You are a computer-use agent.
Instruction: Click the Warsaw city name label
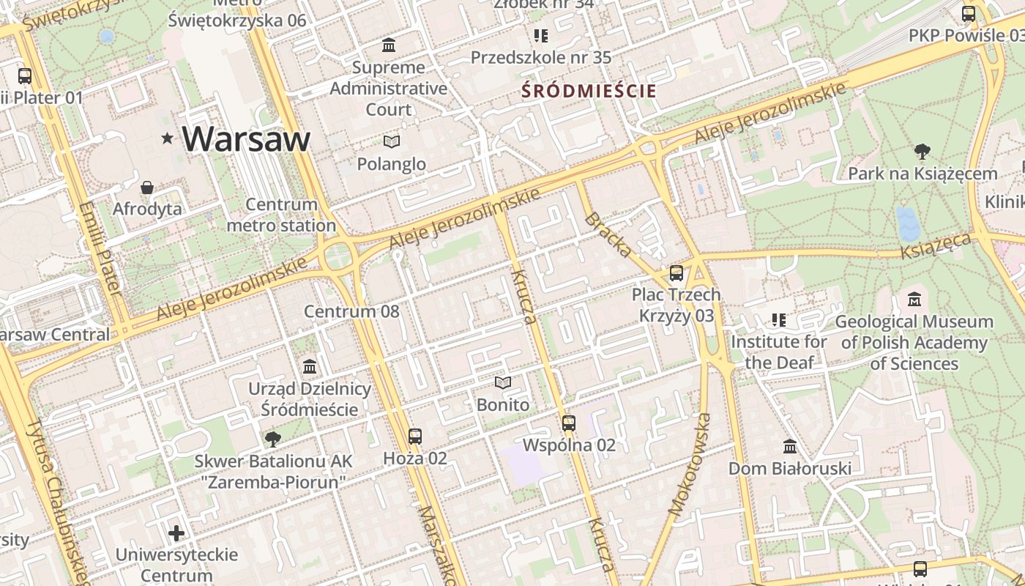[x=246, y=138]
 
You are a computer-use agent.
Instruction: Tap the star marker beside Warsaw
[x=168, y=138]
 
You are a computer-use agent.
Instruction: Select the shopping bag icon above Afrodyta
[x=147, y=188]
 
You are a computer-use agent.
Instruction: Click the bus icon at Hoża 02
[x=415, y=437]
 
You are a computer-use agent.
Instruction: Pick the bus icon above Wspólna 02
[x=569, y=423]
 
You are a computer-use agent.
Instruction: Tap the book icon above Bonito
[x=502, y=383]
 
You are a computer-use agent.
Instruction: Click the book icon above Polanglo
[x=392, y=141]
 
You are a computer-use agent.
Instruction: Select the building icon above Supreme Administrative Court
[x=389, y=45]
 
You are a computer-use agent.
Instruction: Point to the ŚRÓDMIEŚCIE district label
[x=589, y=92]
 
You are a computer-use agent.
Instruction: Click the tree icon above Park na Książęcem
[x=922, y=152]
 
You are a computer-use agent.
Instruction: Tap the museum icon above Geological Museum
[x=914, y=300]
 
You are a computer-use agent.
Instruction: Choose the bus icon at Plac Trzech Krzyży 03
[x=676, y=273]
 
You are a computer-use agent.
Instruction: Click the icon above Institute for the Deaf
[x=778, y=320]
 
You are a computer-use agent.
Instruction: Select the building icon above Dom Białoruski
[x=790, y=446]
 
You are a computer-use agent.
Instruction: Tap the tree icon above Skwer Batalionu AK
[x=273, y=439]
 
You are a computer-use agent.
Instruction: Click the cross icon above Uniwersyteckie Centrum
[x=176, y=533]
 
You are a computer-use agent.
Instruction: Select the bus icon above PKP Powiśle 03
[x=969, y=13]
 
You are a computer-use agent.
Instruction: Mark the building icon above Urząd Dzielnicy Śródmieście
[x=310, y=366]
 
